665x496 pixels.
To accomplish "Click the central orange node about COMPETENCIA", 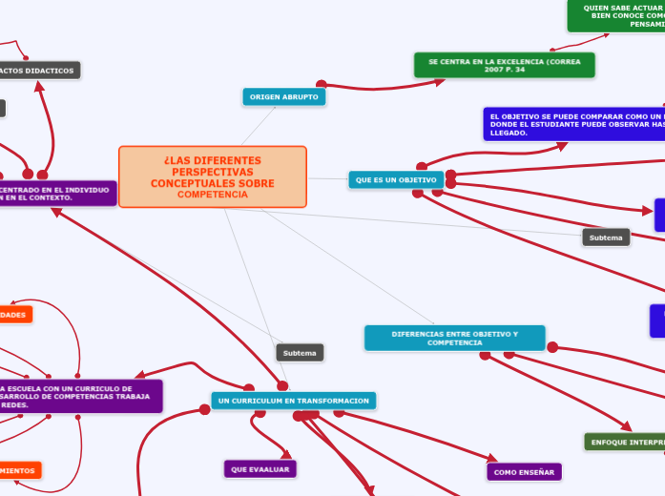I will click(212, 176).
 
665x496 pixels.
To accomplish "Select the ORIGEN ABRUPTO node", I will click(284, 97).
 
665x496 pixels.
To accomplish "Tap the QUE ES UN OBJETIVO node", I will click(396, 179).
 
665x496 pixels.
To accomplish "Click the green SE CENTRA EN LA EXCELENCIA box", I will click(504, 65).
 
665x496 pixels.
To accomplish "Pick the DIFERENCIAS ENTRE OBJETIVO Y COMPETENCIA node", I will click(454, 338).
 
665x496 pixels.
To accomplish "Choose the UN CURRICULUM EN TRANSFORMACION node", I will click(293, 401).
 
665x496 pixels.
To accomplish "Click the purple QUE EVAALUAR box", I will click(260, 468).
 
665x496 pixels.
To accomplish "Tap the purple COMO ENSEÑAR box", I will click(524, 471).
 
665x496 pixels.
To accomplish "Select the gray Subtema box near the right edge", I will click(606, 237).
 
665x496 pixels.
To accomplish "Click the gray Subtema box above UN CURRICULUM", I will click(300, 353).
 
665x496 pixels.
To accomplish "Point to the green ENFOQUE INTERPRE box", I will click(625, 442).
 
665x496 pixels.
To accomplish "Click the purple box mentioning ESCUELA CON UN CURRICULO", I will click(80, 396).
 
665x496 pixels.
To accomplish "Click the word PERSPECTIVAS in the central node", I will click(213, 171).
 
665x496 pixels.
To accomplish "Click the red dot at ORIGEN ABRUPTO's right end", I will click(322, 85).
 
